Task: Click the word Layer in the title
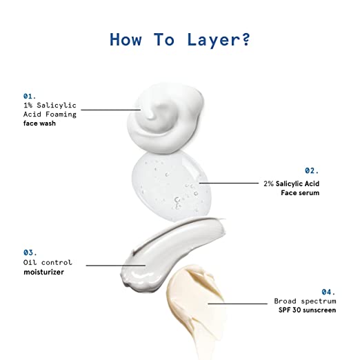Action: click(x=215, y=40)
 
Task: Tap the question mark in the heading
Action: click(x=246, y=39)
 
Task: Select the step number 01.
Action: click(x=30, y=96)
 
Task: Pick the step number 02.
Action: click(x=312, y=170)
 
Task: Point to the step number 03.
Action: click(x=30, y=252)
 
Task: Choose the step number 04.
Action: click(x=328, y=292)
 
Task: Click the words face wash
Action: click(x=39, y=123)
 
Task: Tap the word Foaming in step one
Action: click(x=61, y=114)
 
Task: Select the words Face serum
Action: click(x=300, y=192)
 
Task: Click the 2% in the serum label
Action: click(x=268, y=183)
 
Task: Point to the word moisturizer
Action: click(x=43, y=272)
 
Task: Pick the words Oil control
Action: click(x=48, y=262)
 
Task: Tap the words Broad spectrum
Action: click(x=305, y=301)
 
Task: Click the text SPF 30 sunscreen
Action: click(x=307, y=310)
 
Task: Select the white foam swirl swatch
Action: click(x=166, y=118)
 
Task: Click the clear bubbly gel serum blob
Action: click(x=171, y=187)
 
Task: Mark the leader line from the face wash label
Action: click(x=111, y=110)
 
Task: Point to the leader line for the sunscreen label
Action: click(x=238, y=303)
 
